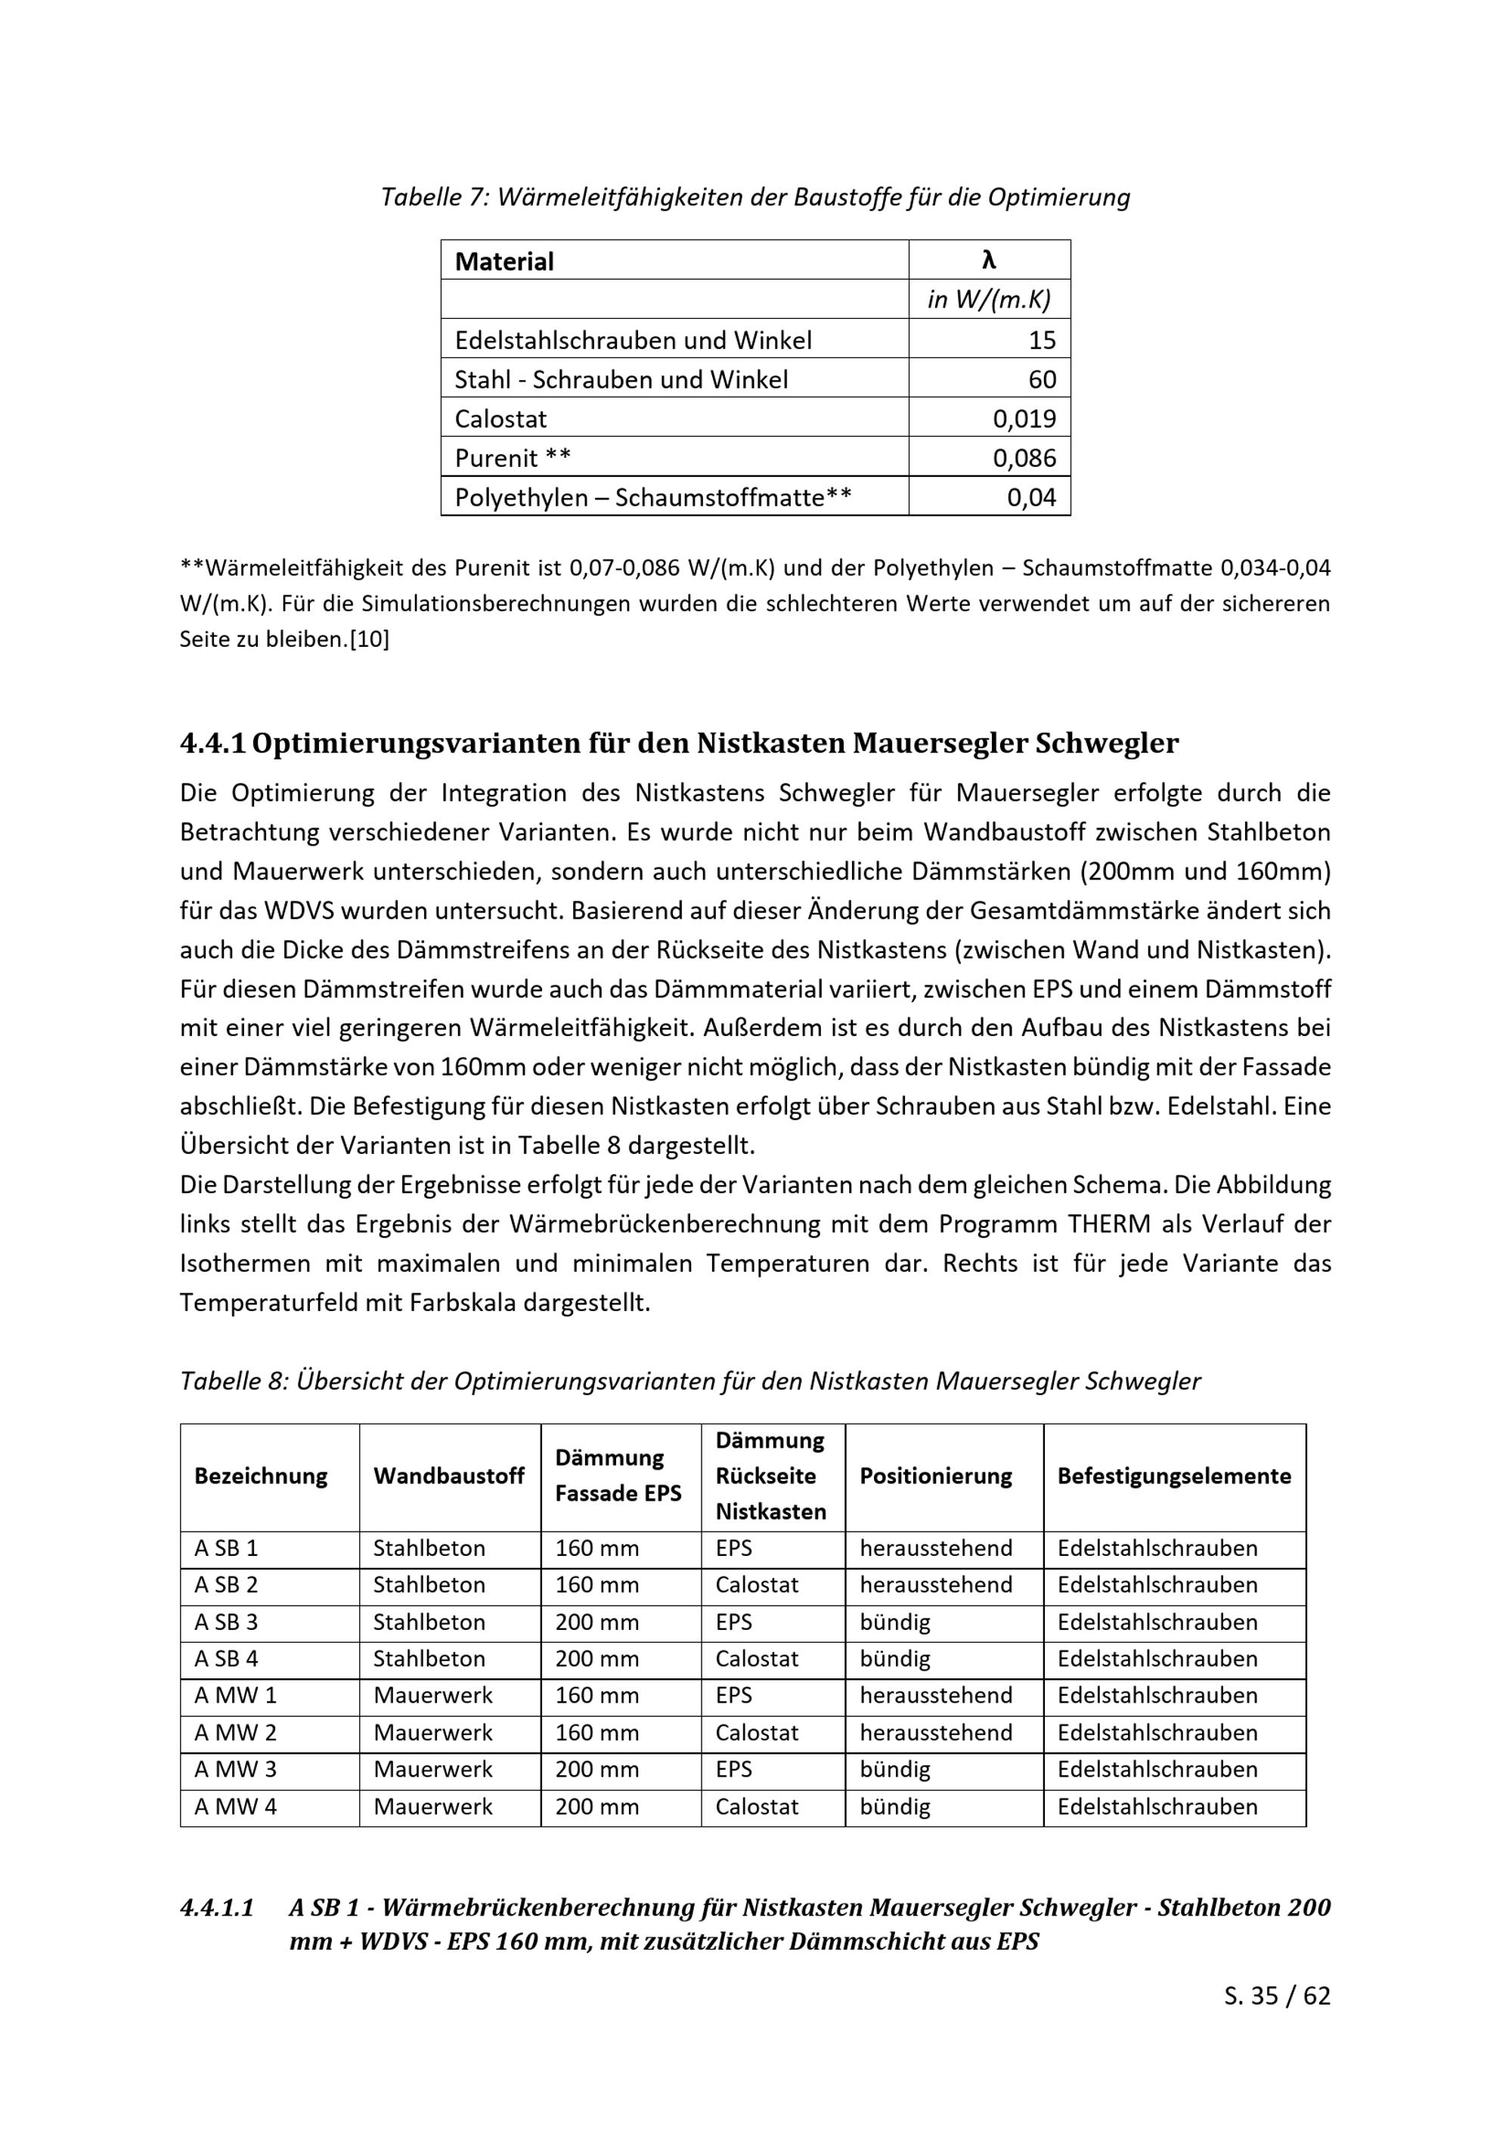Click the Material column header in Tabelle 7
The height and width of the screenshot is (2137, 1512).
point(503,261)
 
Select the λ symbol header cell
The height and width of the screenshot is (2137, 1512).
point(989,261)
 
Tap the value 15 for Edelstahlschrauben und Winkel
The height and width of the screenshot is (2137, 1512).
point(1042,341)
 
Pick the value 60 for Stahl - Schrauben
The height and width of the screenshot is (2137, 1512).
point(1042,380)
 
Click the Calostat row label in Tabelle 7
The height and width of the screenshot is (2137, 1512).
point(501,419)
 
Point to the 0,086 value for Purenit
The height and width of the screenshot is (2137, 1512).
point(1024,458)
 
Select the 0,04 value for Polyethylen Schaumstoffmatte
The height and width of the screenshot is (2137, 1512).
point(1032,498)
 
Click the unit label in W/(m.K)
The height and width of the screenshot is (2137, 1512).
point(989,300)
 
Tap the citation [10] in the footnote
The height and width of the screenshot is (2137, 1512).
point(370,640)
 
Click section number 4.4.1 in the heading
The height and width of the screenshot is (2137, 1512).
point(212,744)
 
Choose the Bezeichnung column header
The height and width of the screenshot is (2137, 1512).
point(261,1476)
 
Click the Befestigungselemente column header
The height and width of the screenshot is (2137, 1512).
point(1174,1476)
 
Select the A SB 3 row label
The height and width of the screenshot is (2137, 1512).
point(226,1622)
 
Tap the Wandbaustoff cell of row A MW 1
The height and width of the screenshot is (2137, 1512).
point(433,1696)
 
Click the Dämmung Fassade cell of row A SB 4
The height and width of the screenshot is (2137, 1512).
point(596,1659)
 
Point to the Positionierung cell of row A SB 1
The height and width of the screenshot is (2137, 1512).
point(936,1549)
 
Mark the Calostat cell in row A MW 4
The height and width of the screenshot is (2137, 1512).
point(757,1807)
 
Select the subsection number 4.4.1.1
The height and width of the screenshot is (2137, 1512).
point(217,1908)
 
